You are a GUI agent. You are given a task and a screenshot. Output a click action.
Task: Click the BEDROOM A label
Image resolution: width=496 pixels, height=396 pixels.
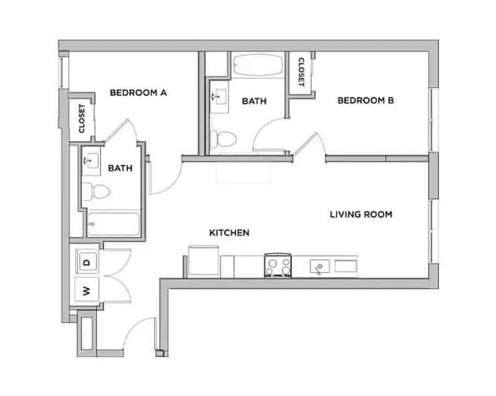point(138,93)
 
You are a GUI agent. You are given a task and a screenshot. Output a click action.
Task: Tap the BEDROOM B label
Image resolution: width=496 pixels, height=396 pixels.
point(365,101)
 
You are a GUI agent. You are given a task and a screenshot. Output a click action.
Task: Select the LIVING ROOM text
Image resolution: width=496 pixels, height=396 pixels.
point(361,215)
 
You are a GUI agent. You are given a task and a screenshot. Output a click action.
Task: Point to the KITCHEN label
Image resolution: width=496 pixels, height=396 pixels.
point(229,233)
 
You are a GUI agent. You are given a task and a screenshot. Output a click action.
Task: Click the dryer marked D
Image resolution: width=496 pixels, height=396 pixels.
point(87,262)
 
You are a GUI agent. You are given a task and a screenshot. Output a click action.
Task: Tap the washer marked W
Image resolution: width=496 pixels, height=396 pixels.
point(86,290)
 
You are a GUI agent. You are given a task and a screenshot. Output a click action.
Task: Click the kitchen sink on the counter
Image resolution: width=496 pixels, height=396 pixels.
point(320,266)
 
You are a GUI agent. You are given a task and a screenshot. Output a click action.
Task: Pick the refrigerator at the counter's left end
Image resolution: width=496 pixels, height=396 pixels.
point(202,261)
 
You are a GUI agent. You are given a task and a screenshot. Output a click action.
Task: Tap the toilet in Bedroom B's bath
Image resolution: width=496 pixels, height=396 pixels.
point(225,139)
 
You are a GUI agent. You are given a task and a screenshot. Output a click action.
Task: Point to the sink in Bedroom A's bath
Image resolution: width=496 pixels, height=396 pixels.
point(90,159)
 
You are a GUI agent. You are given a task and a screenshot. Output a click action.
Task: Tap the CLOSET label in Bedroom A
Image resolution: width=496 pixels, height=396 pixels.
point(82,119)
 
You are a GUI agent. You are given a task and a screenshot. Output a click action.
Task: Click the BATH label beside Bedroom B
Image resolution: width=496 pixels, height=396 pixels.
point(254,101)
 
